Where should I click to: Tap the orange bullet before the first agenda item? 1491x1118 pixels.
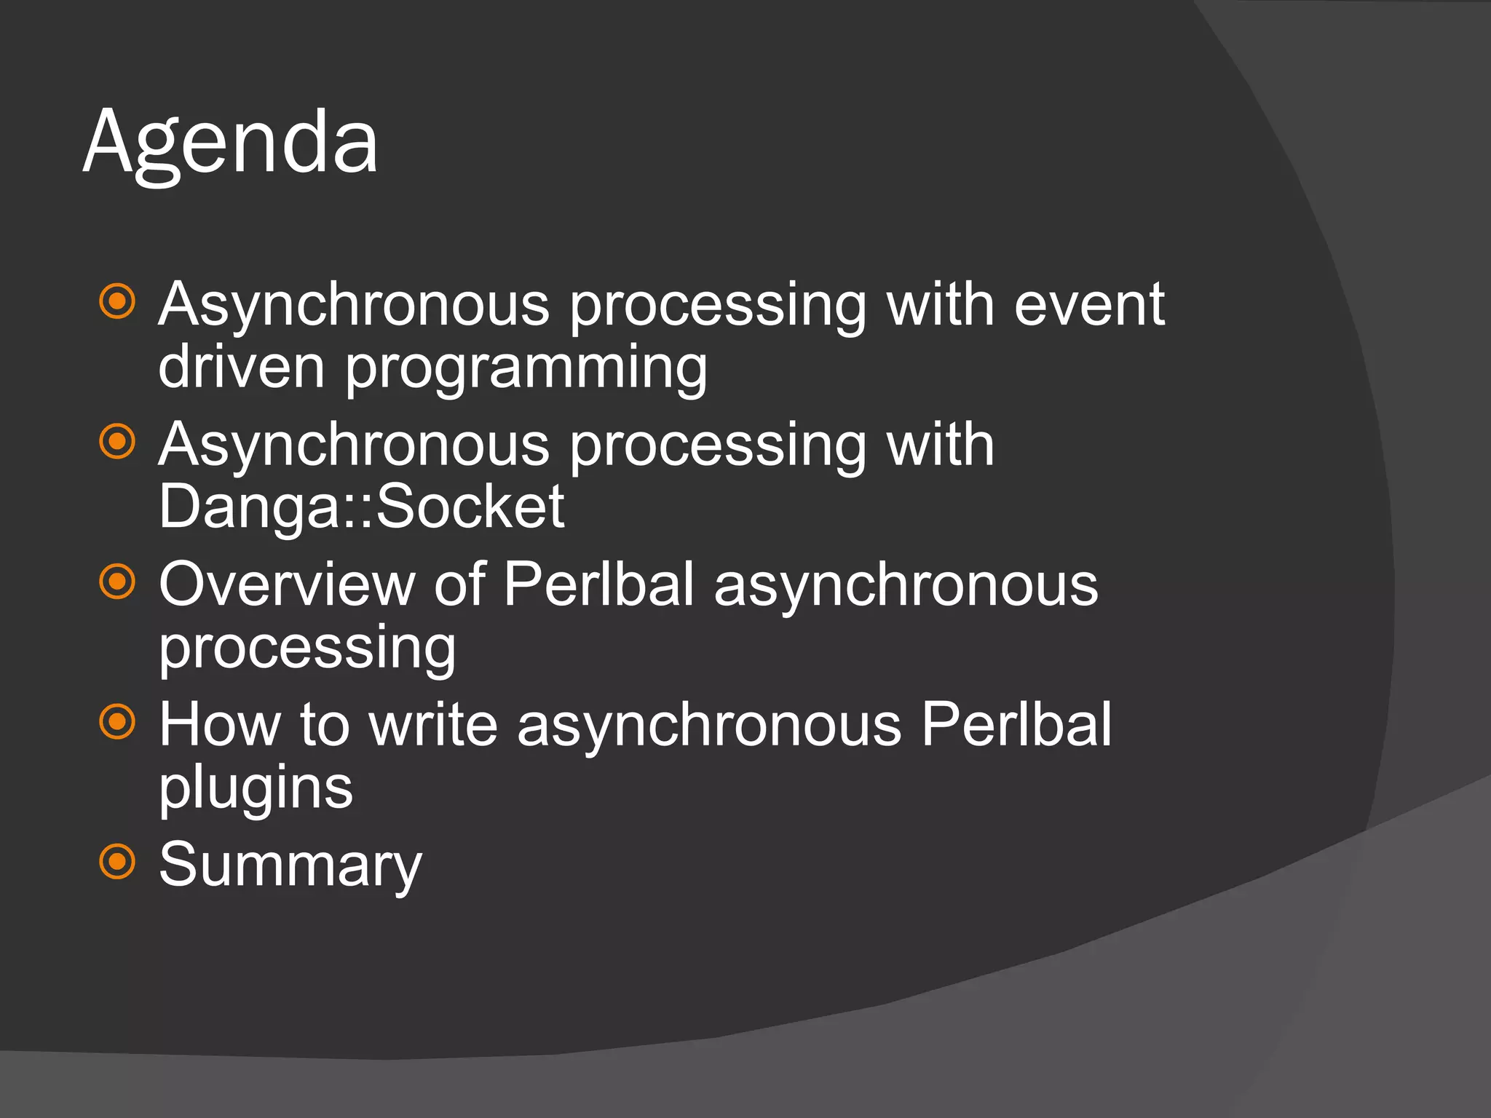pyautogui.click(x=117, y=301)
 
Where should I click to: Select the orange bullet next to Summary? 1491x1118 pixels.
pyautogui.click(x=117, y=862)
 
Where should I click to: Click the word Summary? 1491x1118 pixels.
pyautogui.click(x=290, y=865)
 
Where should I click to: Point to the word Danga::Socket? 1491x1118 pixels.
pyautogui.click(x=361, y=507)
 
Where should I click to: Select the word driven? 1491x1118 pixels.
pyautogui.click(x=241, y=367)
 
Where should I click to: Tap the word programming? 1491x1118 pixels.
pyautogui.click(x=526, y=370)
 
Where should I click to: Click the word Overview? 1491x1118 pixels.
pyautogui.click(x=286, y=584)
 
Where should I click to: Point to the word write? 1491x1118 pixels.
pyautogui.click(x=433, y=725)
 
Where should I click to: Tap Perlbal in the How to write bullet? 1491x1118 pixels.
pyautogui.click(x=1016, y=725)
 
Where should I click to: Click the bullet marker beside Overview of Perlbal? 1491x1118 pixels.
pyautogui.click(x=117, y=581)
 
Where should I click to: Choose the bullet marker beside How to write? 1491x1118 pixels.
pyautogui.click(x=117, y=721)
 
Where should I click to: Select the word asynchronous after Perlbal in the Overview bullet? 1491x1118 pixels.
pyautogui.click(x=906, y=587)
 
